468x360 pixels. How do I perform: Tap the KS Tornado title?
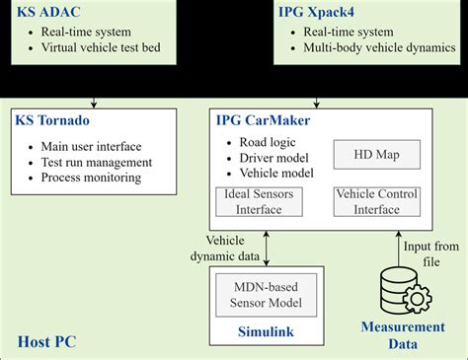[x=52, y=119]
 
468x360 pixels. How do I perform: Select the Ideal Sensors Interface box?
[x=262, y=200]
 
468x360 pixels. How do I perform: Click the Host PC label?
[x=47, y=341]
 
